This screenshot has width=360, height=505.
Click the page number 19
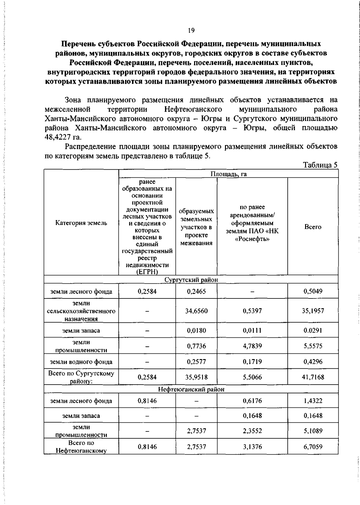191,30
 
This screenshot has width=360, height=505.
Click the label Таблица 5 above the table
320,165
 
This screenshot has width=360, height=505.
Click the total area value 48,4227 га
63,137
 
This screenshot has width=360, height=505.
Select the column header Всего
313,227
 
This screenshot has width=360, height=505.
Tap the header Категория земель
81,223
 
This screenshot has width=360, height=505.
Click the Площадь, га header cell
228,174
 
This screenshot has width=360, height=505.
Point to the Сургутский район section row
191,280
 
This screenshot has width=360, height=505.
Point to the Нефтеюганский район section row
191,389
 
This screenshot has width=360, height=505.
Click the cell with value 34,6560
196,311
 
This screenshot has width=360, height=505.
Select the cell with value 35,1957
313,311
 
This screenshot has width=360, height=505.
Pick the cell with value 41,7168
313,377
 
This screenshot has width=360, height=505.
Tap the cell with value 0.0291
313,331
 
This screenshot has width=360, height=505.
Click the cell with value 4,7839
252,346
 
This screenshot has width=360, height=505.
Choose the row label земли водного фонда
81,362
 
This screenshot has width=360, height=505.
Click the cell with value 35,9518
196,377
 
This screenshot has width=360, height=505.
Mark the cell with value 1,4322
313,401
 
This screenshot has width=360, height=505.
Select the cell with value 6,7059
313,447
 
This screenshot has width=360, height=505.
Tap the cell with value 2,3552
252,431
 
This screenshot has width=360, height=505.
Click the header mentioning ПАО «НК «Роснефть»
252,223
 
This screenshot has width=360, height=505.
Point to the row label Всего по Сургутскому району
81,377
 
